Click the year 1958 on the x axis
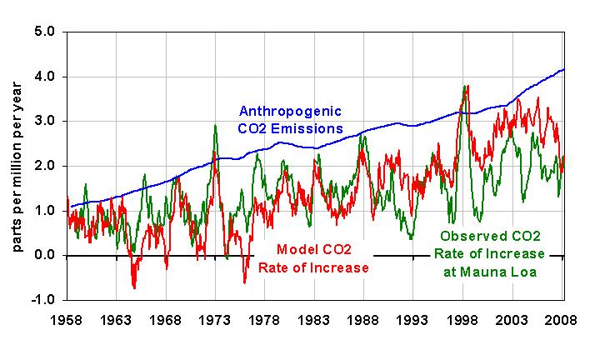(x=67, y=320)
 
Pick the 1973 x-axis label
(x=215, y=320)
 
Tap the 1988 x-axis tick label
(x=364, y=320)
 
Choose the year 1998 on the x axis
(x=463, y=320)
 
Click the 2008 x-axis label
(x=563, y=320)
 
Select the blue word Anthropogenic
(x=290, y=112)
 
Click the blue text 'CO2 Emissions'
(x=290, y=128)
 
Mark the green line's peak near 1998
(x=463, y=85)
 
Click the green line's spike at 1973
(x=216, y=125)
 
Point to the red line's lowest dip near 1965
(x=134, y=287)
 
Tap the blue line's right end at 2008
(x=564, y=69)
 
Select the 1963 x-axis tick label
(x=116, y=320)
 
